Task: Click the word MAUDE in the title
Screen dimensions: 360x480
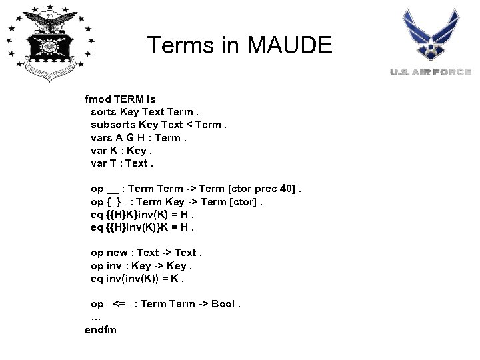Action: pos(289,45)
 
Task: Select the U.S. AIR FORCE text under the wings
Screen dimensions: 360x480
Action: pos(431,71)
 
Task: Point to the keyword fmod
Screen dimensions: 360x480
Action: pos(98,99)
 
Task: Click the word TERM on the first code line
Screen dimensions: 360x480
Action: pos(129,99)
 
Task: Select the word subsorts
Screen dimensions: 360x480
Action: pos(113,124)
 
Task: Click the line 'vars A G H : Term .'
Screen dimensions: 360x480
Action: pos(138,137)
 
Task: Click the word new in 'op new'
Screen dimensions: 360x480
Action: pos(117,253)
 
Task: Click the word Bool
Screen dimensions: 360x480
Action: pos(223,304)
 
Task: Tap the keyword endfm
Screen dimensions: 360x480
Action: pos(101,329)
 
